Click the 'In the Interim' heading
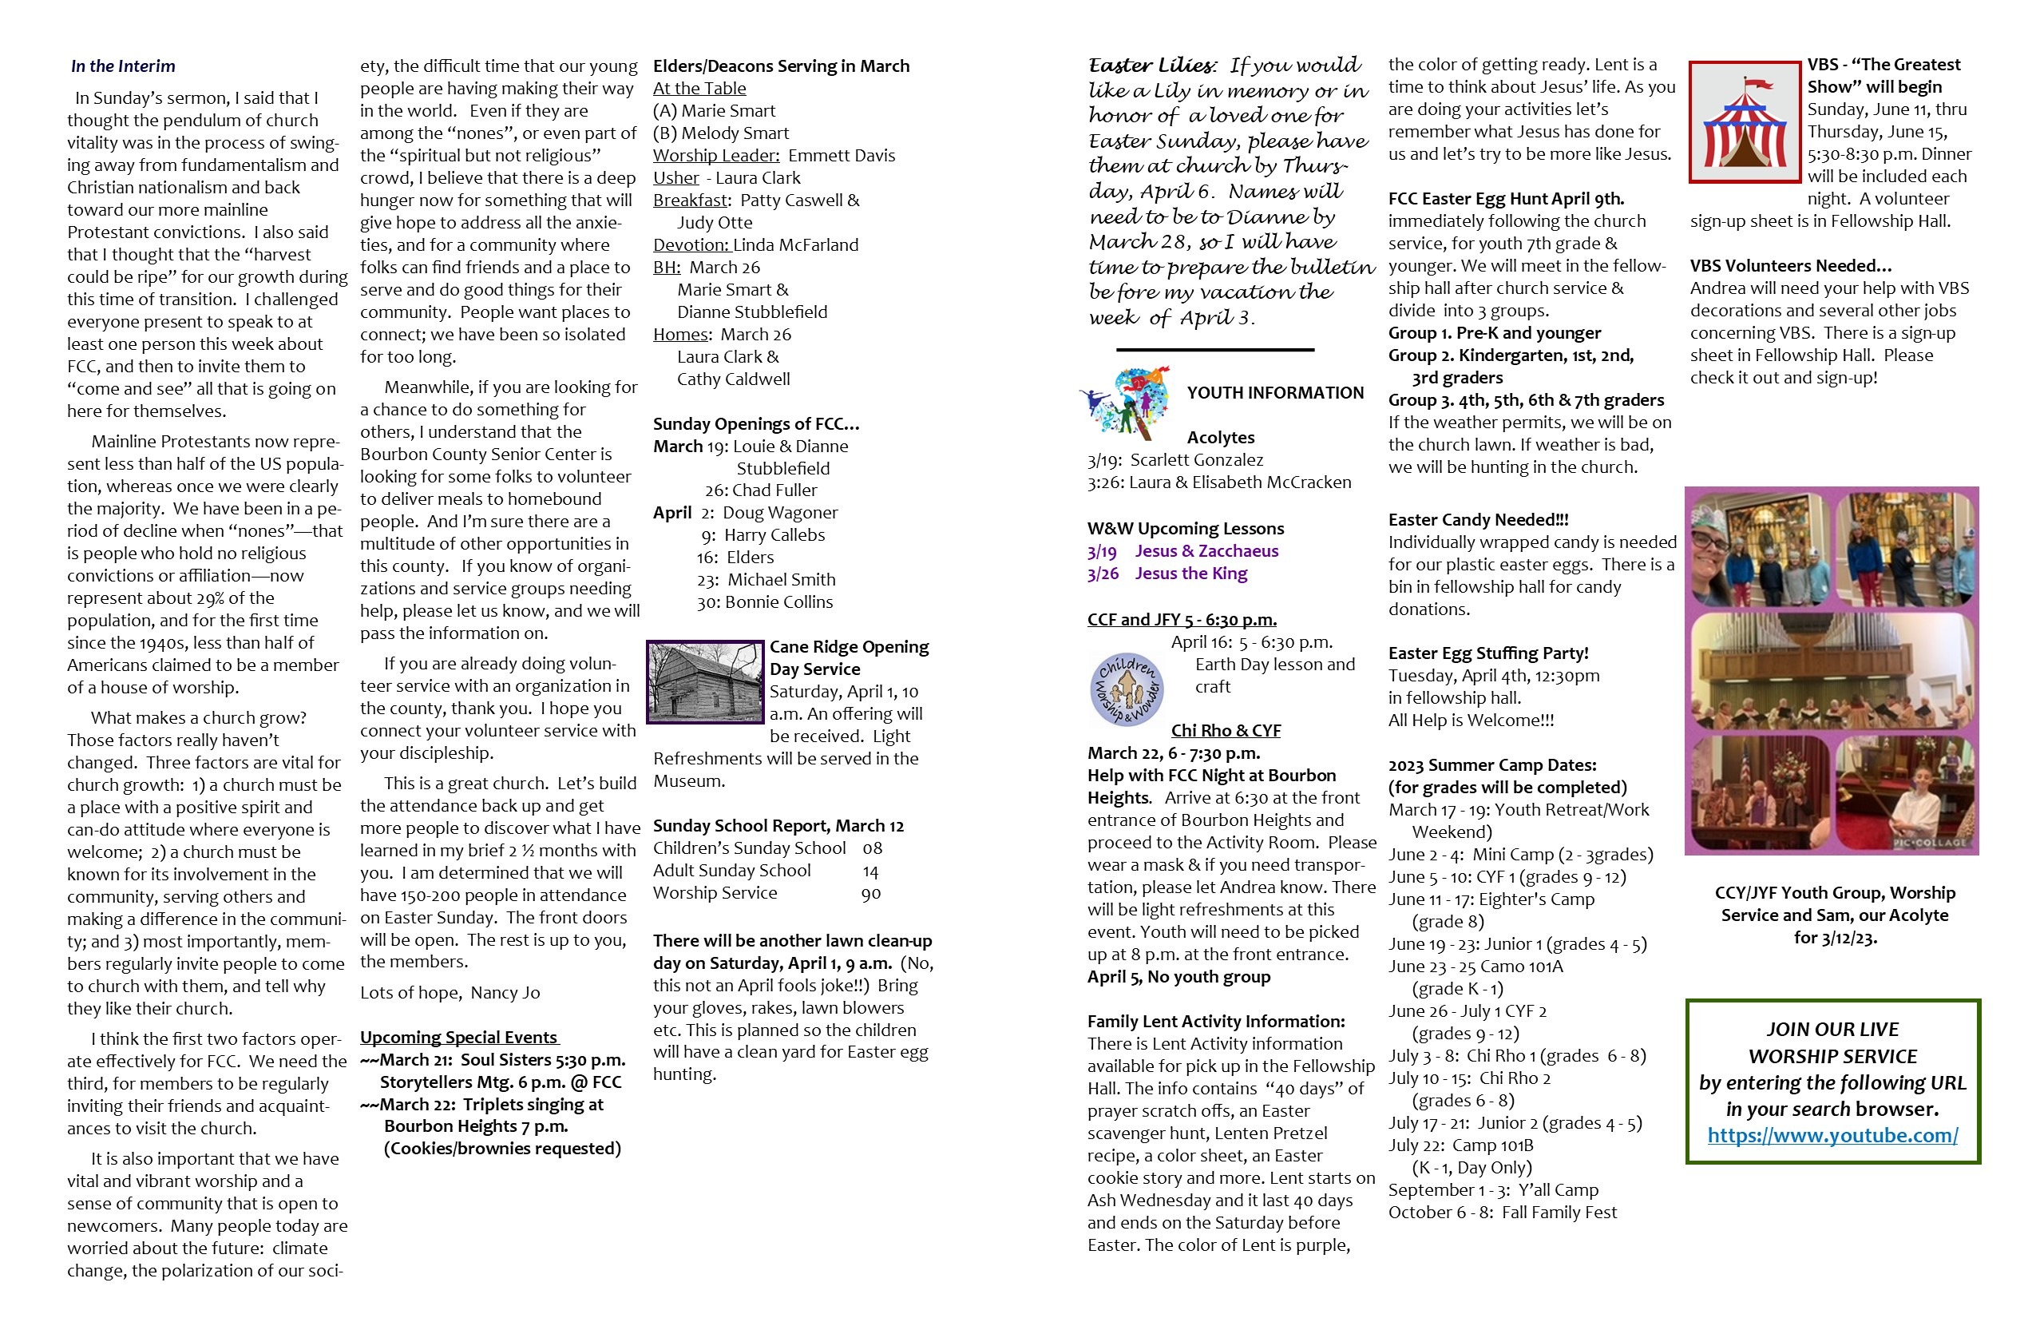tap(122, 66)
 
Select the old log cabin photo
tap(706, 681)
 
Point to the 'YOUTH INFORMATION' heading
tap(1274, 393)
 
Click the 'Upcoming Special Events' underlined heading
tap(458, 1038)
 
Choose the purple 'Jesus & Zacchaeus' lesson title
tap(1206, 551)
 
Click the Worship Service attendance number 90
tap(870, 894)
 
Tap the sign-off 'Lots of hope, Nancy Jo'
tap(450, 993)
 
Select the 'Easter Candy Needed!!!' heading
tap(1477, 519)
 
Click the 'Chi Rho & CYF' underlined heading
tap(1225, 731)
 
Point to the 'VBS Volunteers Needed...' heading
tap(1789, 265)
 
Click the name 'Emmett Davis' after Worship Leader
tap(841, 156)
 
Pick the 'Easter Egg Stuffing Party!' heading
tap(1487, 653)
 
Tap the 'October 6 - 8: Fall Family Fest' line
tap(1501, 1212)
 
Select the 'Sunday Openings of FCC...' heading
tap(755, 423)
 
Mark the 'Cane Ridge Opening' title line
tap(849, 647)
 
